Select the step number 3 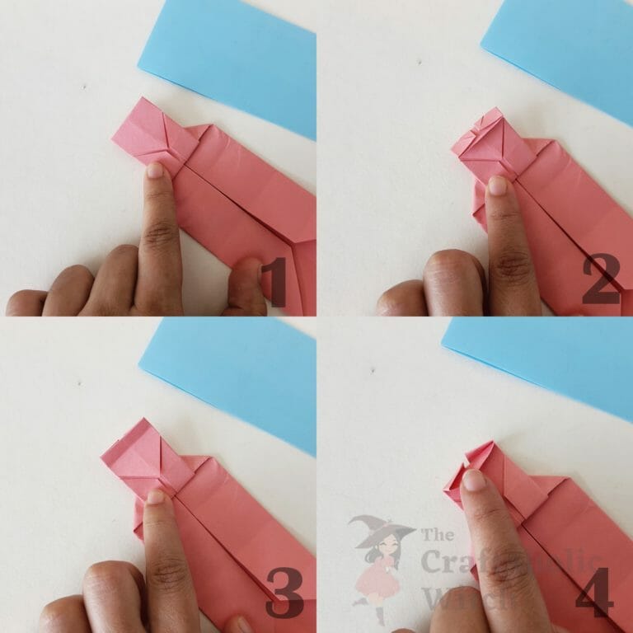pos(283,598)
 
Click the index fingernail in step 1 pos(154,171)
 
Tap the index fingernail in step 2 pos(497,185)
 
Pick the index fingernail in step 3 pos(155,497)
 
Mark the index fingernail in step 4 pos(473,480)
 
